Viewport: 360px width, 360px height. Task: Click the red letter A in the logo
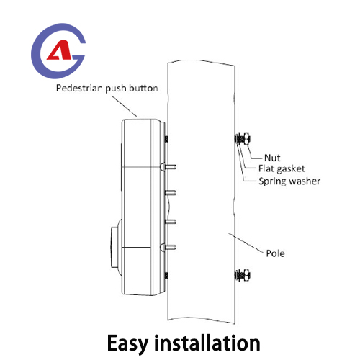[x=60, y=50]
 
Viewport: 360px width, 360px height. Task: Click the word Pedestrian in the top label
[x=79, y=88]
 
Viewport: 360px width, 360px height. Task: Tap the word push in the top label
[x=116, y=89]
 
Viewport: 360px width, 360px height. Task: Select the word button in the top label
[x=143, y=88]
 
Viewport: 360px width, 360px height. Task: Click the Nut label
[x=272, y=158]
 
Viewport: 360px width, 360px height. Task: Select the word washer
[x=305, y=181]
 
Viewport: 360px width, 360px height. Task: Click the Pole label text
[x=276, y=253]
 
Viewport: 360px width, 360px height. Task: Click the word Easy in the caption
[x=127, y=343]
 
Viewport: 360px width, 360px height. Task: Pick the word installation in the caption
[x=207, y=343]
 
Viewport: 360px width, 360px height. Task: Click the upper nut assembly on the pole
[x=243, y=139]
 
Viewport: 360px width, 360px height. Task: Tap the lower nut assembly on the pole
[x=243, y=275]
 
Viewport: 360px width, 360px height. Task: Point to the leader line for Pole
[x=246, y=243]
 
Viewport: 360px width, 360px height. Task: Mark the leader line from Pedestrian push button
[x=125, y=107]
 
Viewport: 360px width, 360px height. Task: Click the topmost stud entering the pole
[x=170, y=166]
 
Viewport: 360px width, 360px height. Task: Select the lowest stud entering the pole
[x=170, y=247]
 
